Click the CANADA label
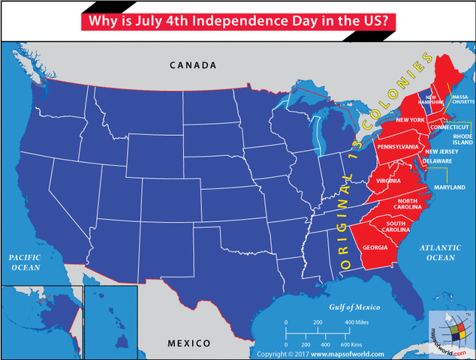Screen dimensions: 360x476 pyautogui.click(x=193, y=65)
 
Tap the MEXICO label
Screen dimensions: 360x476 pyautogui.click(x=188, y=343)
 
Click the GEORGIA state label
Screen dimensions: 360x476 pyautogui.click(x=375, y=248)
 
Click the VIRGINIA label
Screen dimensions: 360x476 pyautogui.click(x=388, y=181)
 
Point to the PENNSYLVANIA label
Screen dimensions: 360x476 pyautogui.click(x=398, y=146)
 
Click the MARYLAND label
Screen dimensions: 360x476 pyautogui.click(x=449, y=186)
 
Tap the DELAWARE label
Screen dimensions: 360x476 pyautogui.click(x=436, y=161)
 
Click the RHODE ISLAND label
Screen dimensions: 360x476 pyautogui.click(x=462, y=138)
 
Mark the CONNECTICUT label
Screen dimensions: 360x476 pyautogui.click(x=450, y=127)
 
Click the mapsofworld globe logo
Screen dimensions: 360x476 pyautogui.click(x=450, y=331)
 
